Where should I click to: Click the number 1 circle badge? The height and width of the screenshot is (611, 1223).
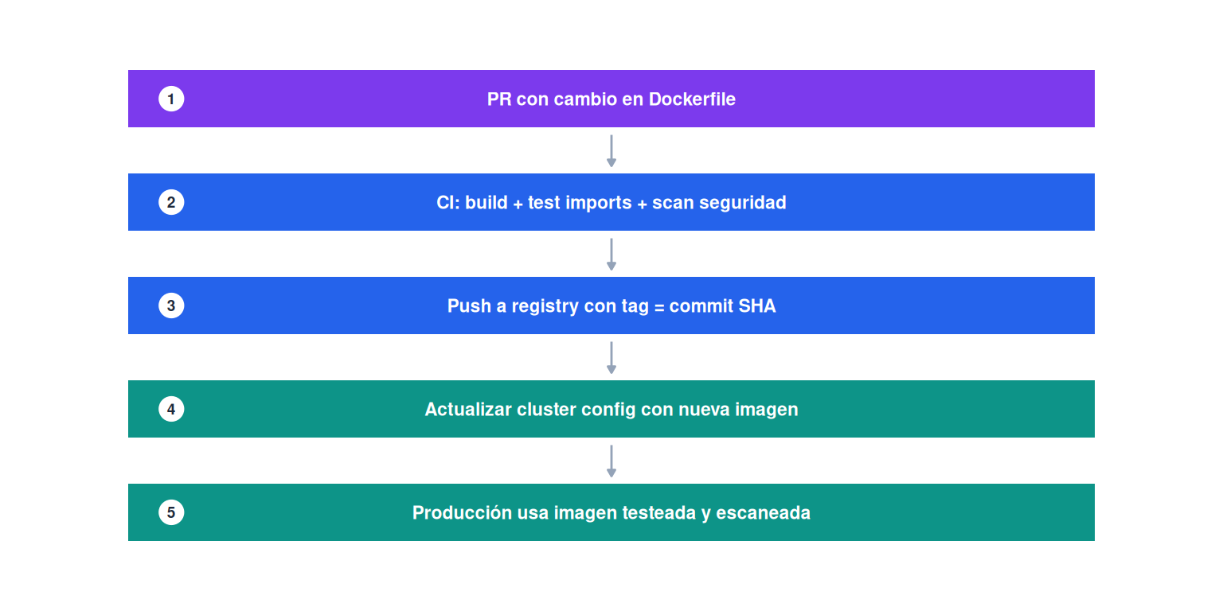click(x=171, y=99)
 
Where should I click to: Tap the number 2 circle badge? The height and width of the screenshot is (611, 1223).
click(x=171, y=202)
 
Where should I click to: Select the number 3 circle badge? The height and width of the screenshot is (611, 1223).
click(x=171, y=305)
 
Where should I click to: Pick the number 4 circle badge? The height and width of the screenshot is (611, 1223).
click(x=171, y=409)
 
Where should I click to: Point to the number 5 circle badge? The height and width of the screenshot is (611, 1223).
click(x=171, y=512)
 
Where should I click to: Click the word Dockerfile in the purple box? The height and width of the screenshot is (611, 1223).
click(x=692, y=99)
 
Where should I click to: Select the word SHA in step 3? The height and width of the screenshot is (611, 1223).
click(x=756, y=305)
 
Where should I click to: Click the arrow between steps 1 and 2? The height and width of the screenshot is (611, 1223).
click(x=611, y=150)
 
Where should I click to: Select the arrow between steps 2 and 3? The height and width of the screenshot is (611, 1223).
click(x=611, y=255)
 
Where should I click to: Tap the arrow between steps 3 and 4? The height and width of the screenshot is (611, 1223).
click(x=611, y=357)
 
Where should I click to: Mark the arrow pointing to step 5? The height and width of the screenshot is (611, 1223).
click(x=611, y=461)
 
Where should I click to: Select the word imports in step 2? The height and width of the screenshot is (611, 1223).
click(x=599, y=203)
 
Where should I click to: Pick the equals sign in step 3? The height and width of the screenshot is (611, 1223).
click(x=659, y=307)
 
